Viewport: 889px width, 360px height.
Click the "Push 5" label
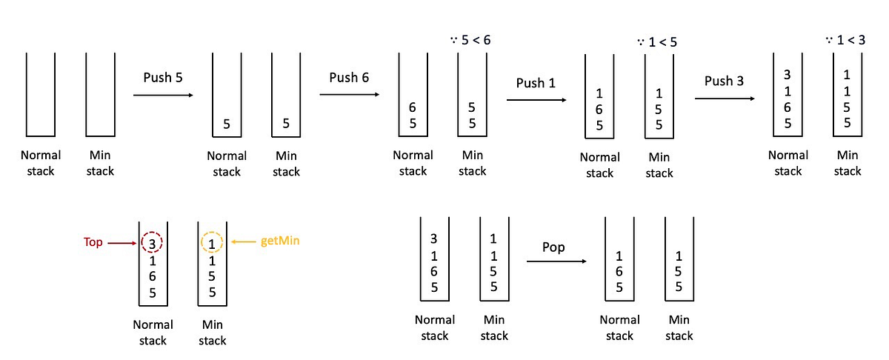(x=163, y=78)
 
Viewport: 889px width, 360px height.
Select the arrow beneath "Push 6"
(x=349, y=95)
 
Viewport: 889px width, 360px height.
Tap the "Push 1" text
(x=536, y=84)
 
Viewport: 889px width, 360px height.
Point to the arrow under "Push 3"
(x=724, y=99)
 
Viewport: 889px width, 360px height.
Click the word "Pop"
(x=554, y=247)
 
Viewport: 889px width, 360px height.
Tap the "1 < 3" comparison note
(x=846, y=39)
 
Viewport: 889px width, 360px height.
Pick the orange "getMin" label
(x=273, y=241)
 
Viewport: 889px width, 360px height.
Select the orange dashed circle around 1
(x=212, y=242)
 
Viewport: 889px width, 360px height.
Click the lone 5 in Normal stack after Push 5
(x=227, y=124)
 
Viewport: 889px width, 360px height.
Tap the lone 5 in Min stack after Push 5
(x=286, y=124)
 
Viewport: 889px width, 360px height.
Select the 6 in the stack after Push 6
(x=413, y=107)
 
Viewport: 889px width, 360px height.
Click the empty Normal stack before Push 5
(x=41, y=95)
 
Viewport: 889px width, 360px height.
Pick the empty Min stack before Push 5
(x=100, y=95)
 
